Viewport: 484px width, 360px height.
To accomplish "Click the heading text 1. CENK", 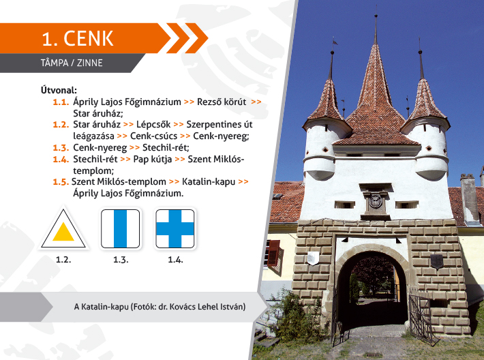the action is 78,39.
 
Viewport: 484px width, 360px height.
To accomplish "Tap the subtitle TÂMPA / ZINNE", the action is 72,63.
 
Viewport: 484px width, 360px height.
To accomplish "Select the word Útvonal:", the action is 59,90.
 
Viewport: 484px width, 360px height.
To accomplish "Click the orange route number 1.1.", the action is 61,102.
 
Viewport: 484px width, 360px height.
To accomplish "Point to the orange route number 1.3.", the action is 61,147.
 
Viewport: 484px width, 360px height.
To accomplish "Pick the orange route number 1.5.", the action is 61,181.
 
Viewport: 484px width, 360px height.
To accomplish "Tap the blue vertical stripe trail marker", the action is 121,228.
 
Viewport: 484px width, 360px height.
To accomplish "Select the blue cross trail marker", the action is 175,228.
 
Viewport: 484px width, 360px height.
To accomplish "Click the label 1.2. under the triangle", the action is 63,260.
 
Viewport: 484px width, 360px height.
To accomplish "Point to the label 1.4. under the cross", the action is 175,260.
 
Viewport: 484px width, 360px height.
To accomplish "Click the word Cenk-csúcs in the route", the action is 153,136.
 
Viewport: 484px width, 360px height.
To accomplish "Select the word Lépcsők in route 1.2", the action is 153,124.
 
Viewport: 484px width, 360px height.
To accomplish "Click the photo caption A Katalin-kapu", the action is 102,307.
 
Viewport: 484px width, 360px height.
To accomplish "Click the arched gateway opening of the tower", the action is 372,290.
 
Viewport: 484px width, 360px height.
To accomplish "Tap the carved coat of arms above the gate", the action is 376,201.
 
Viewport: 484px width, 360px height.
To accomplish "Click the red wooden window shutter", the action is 274,254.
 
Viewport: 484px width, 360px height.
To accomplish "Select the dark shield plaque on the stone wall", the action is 436,262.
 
